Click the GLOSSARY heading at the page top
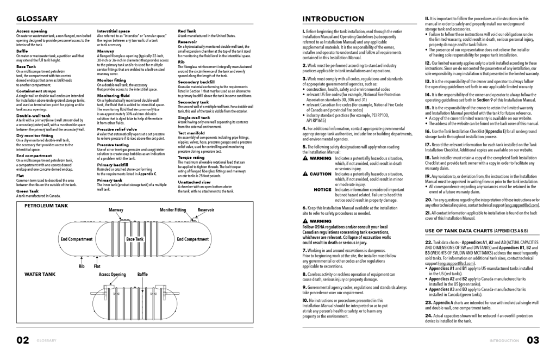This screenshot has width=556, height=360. point(37,19)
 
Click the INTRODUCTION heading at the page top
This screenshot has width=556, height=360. point(333,19)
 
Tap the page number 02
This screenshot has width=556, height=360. point(22,341)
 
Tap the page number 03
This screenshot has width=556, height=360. point(533,341)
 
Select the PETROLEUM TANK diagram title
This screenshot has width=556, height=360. point(46,206)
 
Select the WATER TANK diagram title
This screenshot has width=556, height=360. point(40,275)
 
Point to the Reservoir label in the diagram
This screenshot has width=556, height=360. point(205,209)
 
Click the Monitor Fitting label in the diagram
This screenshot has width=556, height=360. point(173,209)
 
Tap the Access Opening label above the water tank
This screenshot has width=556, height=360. point(112,275)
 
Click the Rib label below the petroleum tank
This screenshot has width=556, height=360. point(82,266)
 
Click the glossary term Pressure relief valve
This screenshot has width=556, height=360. point(117,129)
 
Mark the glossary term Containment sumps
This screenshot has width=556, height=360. point(32,91)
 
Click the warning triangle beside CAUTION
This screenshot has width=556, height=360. point(305,173)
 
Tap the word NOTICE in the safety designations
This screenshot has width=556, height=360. point(322,189)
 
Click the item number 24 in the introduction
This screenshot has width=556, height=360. point(428,315)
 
